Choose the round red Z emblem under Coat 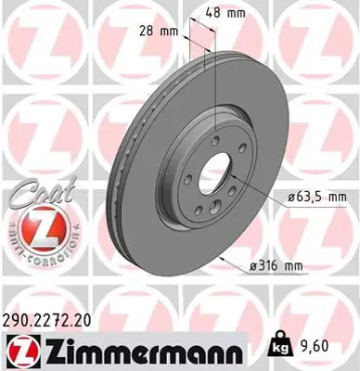34,224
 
